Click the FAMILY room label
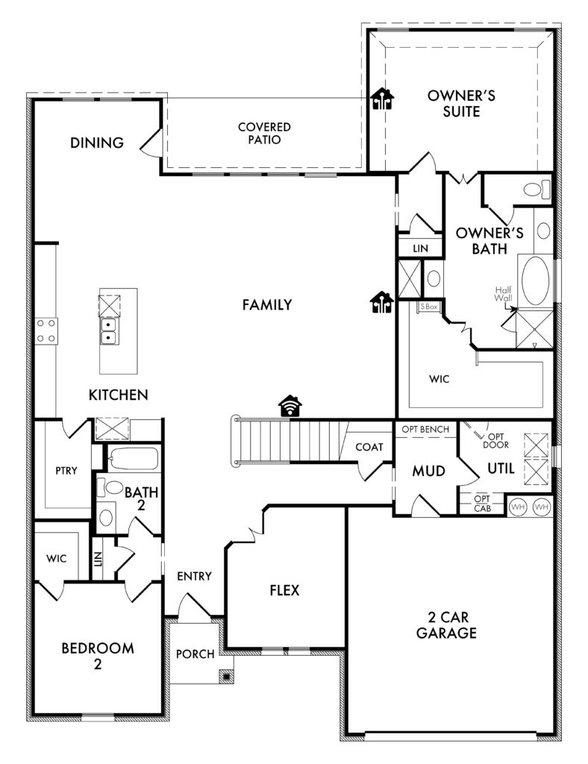pos(267,304)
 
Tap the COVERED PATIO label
pos(265,134)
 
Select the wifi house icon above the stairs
pos(290,405)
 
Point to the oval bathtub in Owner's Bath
pos(535,281)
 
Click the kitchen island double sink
pos(107,331)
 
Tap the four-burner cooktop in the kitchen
pos(46,331)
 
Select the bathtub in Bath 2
pos(133,459)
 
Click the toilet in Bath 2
pos(110,486)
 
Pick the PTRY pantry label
pos(66,471)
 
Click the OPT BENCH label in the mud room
pos(426,429)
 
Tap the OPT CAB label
pos(482,504)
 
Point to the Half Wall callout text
pos(503,294)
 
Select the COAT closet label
pos(369,447)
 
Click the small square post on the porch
pos(227,676)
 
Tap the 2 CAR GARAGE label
pos(446,625)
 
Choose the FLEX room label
pos(284,591)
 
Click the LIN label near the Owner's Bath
pos(420,248)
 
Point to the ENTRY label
pos(194,577)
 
